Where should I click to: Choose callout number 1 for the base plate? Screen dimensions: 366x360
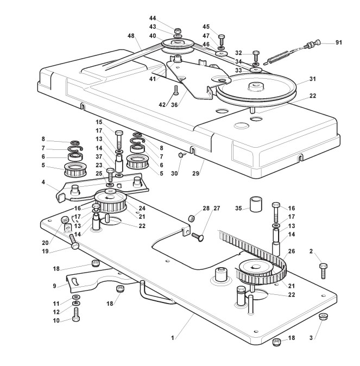(x=172, y=338)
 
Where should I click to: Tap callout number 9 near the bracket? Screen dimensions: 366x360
(x=54, y=285)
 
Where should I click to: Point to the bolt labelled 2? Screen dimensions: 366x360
(x=323, y=269)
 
